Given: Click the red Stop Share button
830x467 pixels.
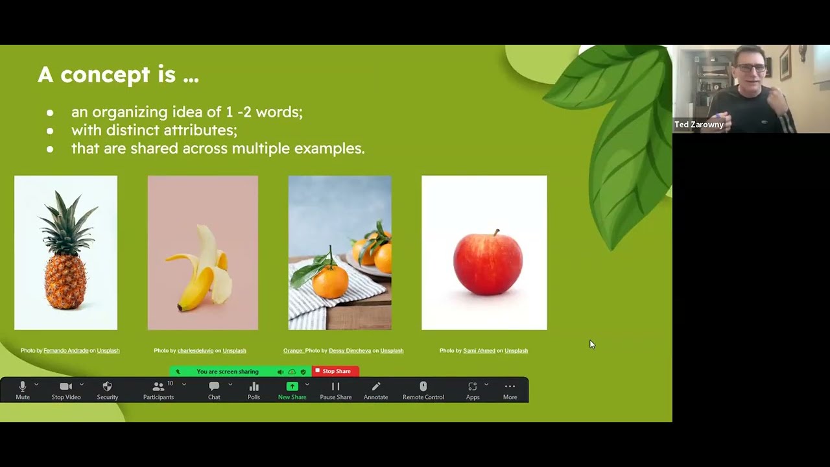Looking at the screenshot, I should [335, 371].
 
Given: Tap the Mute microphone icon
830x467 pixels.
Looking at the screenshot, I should [23, 387].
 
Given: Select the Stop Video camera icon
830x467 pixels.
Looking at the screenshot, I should [65, 387].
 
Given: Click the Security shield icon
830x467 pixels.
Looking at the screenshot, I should [108, 387].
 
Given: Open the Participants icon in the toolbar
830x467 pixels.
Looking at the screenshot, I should [158, 387].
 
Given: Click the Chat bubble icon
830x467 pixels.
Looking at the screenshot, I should [214, 387].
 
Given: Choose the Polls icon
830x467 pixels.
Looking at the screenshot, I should [254, 387].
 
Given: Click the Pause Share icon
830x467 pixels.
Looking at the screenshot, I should [335, 387].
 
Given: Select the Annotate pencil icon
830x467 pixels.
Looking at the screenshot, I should [375, 387].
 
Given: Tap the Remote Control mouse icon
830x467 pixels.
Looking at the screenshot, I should [423, 387].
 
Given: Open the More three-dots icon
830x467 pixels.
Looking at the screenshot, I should [510, 387].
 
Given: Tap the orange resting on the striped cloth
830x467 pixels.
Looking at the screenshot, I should [330, 282].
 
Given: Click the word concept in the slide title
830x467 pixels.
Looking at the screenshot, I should [103, 75].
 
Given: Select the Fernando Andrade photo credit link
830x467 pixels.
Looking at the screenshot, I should [65, 350].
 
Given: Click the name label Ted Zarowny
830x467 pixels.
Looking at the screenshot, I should [698, 125].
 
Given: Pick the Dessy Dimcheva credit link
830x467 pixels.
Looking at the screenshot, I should [350, 350].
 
